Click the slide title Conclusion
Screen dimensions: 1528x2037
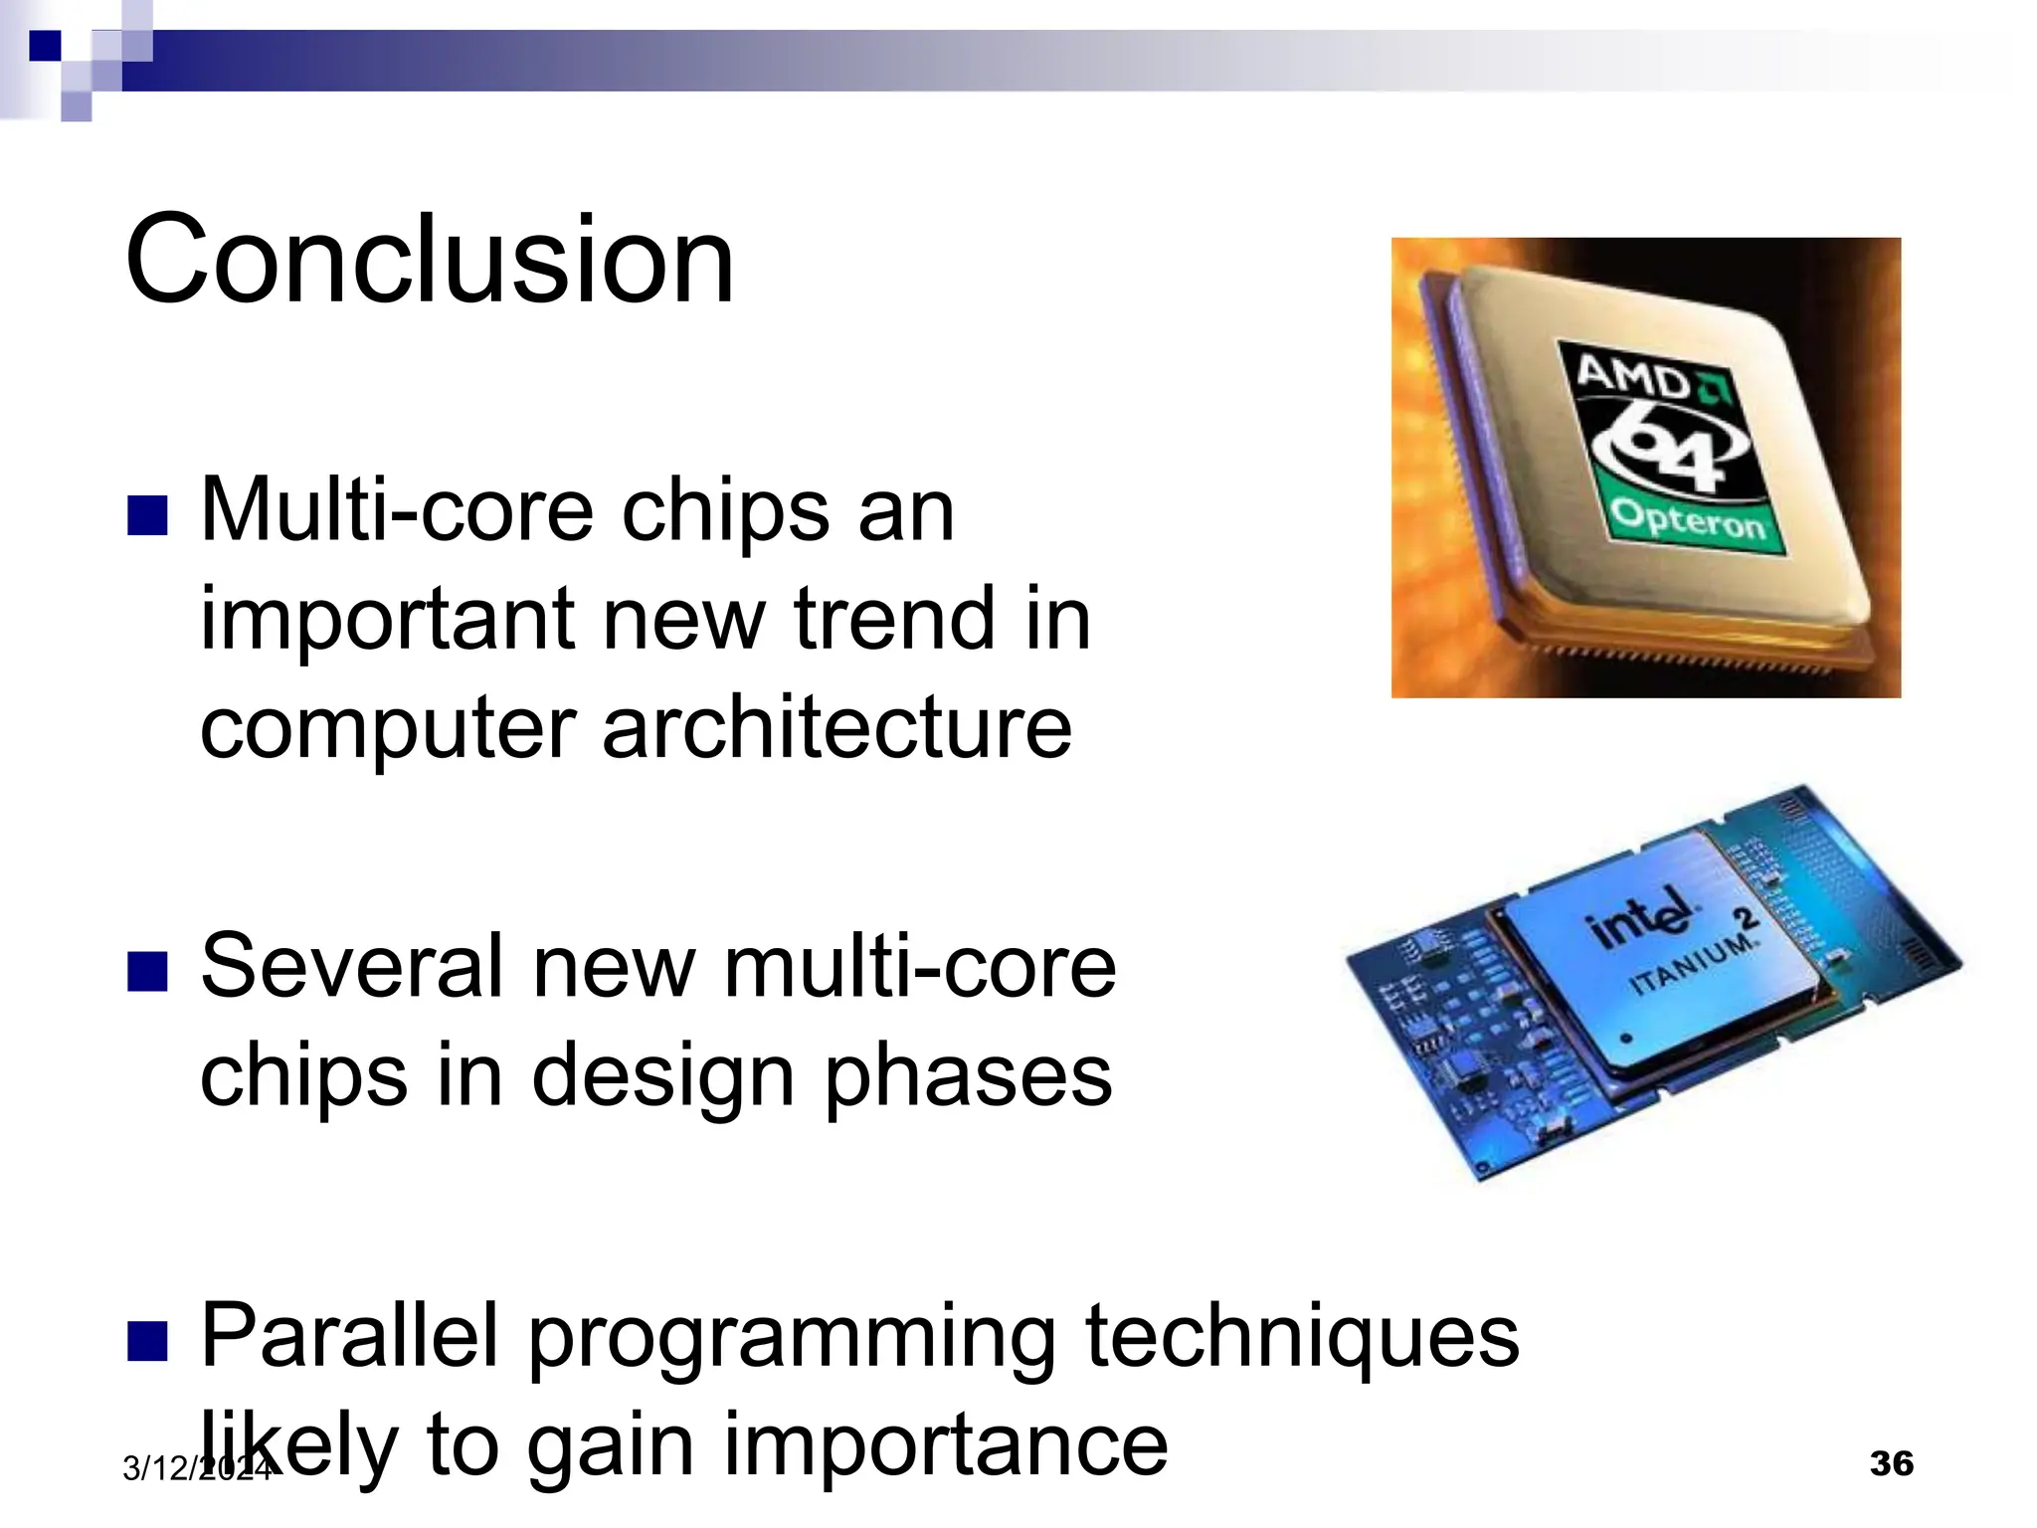click(429, 260)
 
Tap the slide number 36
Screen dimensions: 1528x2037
click(1891, 1463)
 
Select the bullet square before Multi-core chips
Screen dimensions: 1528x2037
click(147, 516)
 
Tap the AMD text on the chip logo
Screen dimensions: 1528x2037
click(1632, 379)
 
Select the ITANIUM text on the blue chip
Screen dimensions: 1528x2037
click(1691, 962)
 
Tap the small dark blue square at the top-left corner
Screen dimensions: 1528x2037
click(44, 46)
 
